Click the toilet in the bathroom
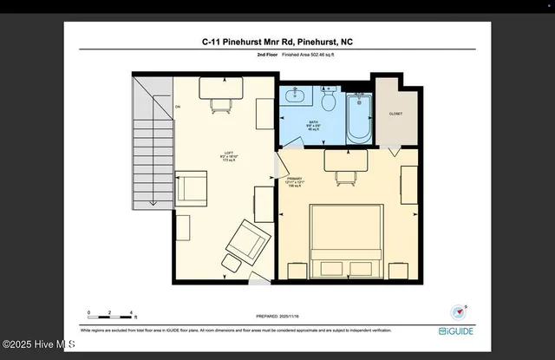(328, 101)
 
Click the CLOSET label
(396, 114)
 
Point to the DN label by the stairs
(178, 107)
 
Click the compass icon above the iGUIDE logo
(458, 311)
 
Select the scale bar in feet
(110, 312)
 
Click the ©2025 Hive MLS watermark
(40, 344)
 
